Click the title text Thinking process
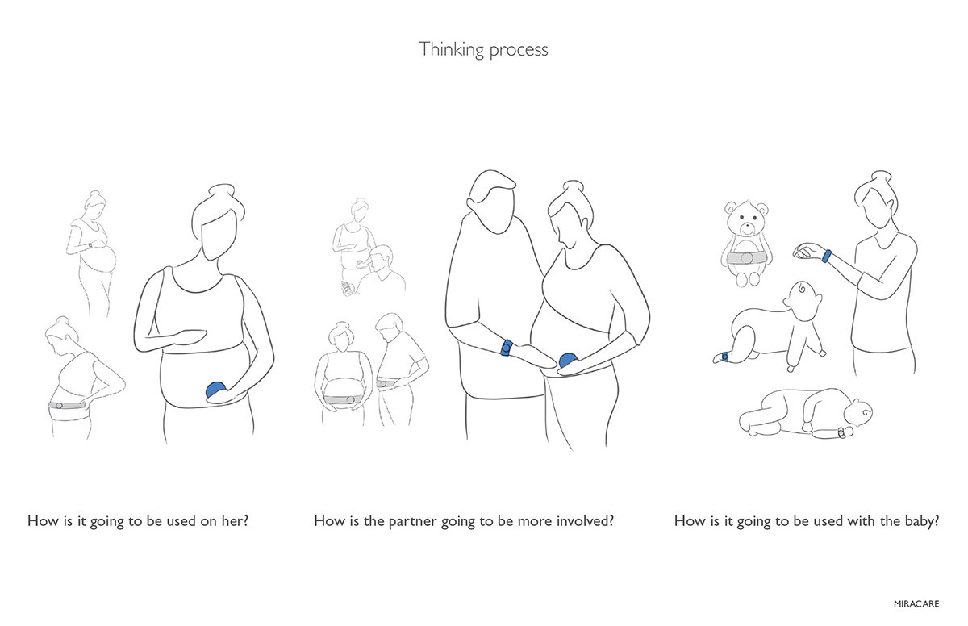(x=483, y=49)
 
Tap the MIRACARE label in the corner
(x=917, y=602)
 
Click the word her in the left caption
(x=235, y=520)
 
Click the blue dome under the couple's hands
(x=569, y=361)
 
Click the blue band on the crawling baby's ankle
(x=726, y=357)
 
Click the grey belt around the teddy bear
(x=747, y=258)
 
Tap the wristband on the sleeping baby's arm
(x=841, y=433)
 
